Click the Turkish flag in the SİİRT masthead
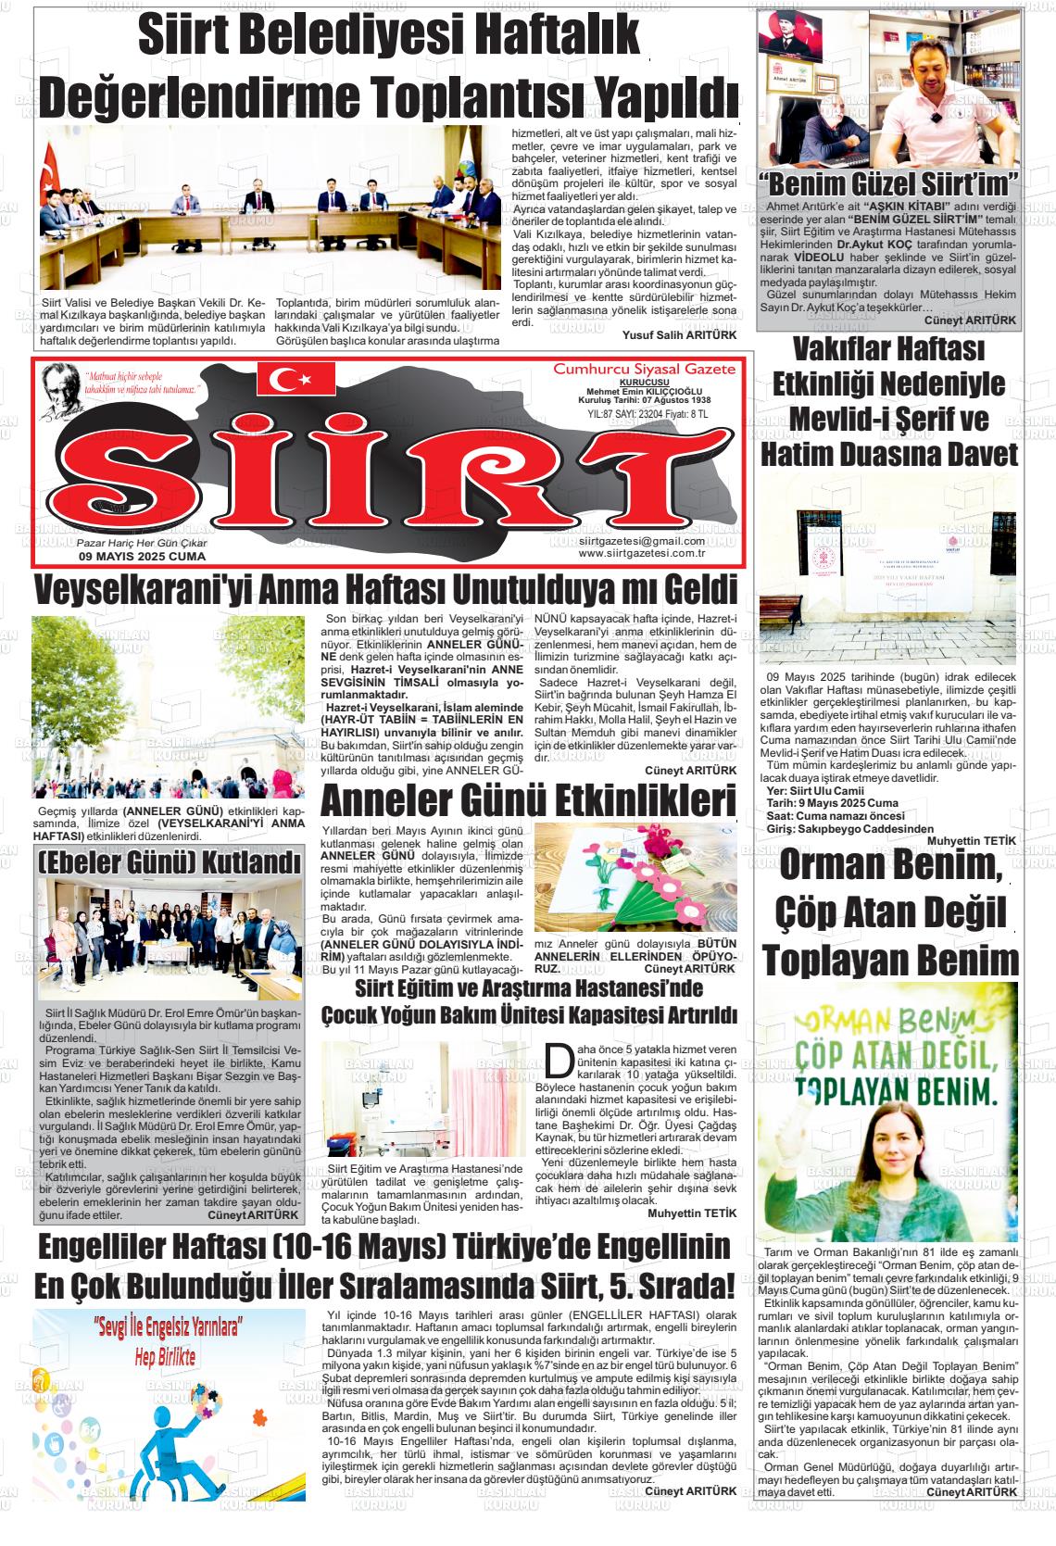click(296, 377)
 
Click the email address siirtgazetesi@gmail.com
click(641, 541)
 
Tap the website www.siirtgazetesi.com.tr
click(642, 553)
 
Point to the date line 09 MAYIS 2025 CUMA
click(143, 557)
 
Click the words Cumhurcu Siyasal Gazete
click(644, 369)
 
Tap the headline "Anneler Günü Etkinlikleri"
click(528, 799)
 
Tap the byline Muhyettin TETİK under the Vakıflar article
click(972, 839)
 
